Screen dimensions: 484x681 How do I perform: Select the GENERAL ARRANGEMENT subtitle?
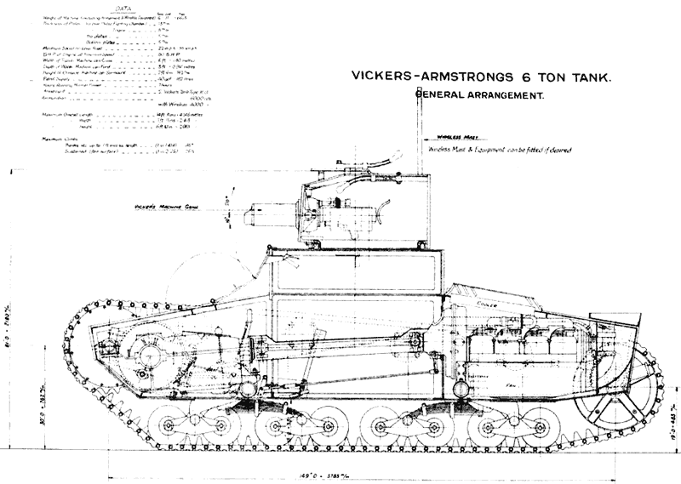[479, 97]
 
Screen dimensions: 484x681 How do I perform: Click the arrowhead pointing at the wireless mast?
[424, 139]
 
